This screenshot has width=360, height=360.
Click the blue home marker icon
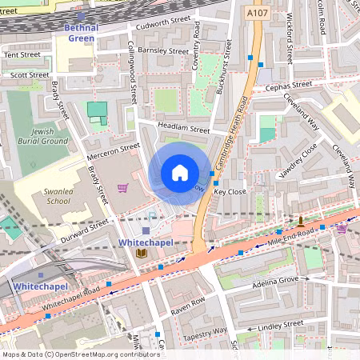pyautogui.click(x=180, y=172)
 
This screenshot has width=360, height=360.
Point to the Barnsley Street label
pyautogui.click(x=164, y=50)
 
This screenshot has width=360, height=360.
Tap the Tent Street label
pyautogui.click(x=22, y=55)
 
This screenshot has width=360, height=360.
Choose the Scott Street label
pyautogui.click(x=24, y=74)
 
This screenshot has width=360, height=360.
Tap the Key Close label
pyautogui.click(x=230, y=192)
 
